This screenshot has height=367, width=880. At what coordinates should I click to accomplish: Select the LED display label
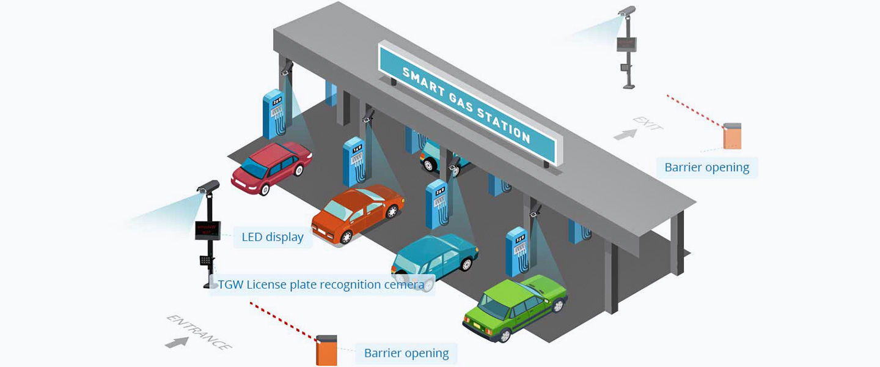pos(273,237)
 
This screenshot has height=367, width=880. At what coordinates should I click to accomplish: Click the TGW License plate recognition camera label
pos(321,284)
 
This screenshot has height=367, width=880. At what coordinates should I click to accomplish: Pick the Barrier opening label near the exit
pos(706,167)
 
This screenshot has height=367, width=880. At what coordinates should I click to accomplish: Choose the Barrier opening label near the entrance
pos(406,353)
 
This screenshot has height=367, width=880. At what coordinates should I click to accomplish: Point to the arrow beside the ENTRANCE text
pos(177,342)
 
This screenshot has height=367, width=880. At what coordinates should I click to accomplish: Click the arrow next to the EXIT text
pos(625,133)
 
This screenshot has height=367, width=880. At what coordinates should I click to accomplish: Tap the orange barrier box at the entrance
pos(326,351)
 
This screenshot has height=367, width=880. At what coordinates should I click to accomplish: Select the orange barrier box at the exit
pos(732,136)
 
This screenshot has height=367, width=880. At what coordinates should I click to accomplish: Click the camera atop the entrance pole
pos(208,187)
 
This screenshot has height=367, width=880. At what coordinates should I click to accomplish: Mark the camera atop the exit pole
pos(627,10)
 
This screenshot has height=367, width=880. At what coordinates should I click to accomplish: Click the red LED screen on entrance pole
pos(207,231)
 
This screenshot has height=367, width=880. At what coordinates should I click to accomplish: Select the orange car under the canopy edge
pos(358,213)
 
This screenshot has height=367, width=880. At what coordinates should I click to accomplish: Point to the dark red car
pos(272,165)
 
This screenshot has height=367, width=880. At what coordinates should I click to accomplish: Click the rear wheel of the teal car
pos(467,264)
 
